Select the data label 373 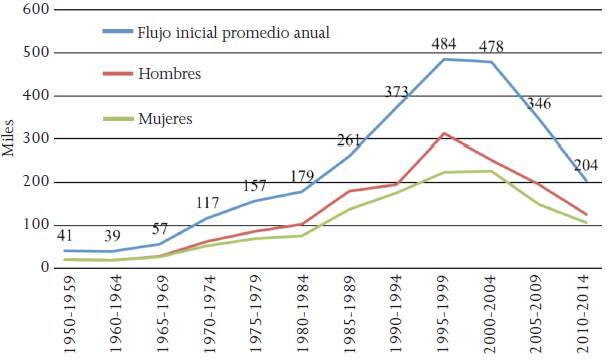pos(399,92)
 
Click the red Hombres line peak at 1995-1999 pos(443,133)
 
